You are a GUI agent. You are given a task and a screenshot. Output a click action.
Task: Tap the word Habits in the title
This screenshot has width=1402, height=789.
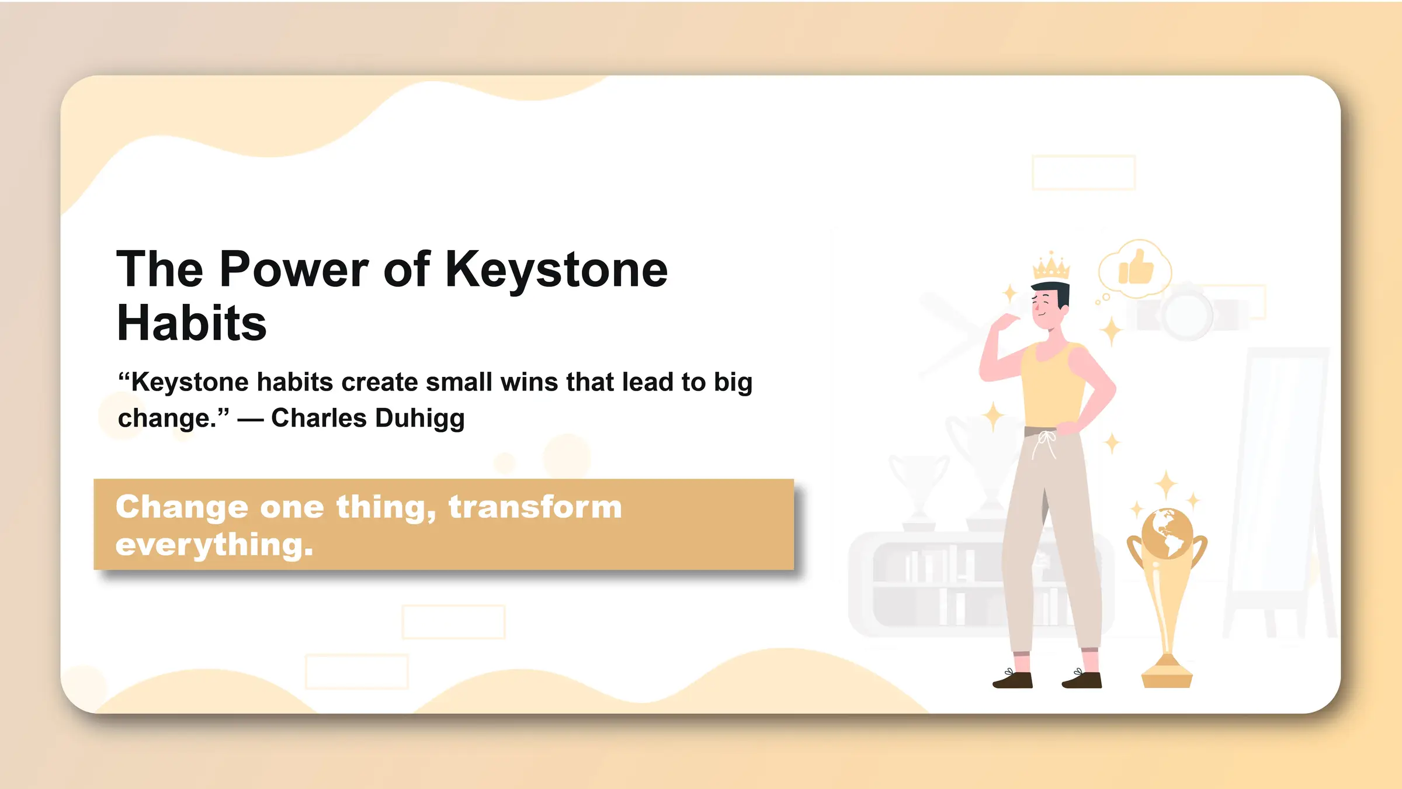pyautogui.click(x=192, y=324)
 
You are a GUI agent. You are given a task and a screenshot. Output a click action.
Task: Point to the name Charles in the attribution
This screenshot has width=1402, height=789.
pyautogui.click(x=319, y=418)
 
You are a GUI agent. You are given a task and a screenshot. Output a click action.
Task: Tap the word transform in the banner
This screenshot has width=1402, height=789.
pyautogui.click(x=535, y=507)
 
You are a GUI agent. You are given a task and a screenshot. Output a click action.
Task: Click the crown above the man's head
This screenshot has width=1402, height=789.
pyautogui.click(x=1051, y=267)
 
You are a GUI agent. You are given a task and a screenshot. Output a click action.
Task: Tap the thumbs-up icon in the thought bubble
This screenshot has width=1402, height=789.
pyautogui.click(x=1136, y=268)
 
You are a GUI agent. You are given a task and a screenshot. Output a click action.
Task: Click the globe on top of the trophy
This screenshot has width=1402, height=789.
pyautogui.click(x=1167, y=533)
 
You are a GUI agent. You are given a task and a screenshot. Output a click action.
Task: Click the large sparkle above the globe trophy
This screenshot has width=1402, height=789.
pyautogui.click(x=1167, y=485)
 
